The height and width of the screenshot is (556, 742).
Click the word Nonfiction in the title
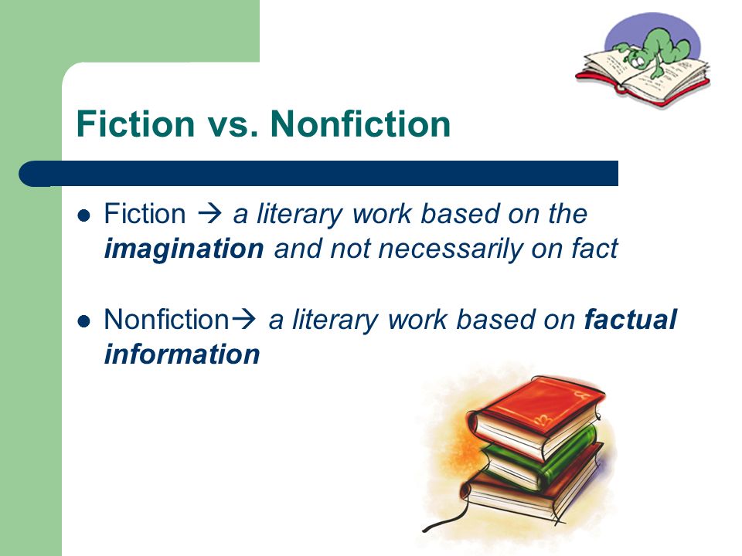point(360,124)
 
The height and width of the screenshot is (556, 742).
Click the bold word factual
point(631,320)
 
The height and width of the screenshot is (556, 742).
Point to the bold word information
point(182,354)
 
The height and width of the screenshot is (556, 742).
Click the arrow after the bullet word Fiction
point(209,214)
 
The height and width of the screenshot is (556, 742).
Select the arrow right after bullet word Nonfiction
point(243,320)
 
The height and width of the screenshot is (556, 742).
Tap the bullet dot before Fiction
point(83,216)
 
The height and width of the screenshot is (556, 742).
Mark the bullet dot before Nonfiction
point(83,321)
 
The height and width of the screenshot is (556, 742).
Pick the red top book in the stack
point(537,416)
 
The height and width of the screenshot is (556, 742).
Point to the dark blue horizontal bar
point(318,174)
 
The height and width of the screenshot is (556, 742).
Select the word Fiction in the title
point(136,124)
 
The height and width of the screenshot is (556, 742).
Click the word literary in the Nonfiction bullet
point(335,320)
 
